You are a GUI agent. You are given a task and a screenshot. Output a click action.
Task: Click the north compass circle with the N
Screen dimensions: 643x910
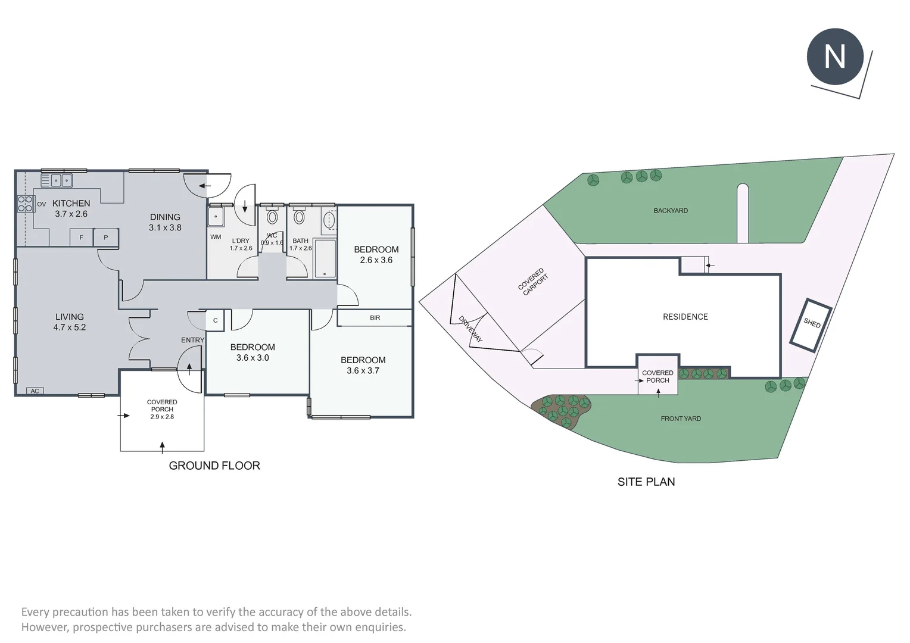click(834, 57)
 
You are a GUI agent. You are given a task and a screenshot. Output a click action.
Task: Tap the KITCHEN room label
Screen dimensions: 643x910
click(71, 204)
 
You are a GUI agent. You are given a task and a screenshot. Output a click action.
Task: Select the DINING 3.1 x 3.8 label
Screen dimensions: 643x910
click(165, 222)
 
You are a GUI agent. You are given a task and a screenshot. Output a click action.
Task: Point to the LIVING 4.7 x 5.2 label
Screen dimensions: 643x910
click(70, 322)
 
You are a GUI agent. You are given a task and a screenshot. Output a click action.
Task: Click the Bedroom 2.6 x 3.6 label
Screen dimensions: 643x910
click(376, 254)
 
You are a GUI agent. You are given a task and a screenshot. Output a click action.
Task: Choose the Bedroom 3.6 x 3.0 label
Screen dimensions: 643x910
click(253, 352)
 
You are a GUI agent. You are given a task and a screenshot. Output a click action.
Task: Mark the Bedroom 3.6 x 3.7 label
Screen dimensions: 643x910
click(363, 365)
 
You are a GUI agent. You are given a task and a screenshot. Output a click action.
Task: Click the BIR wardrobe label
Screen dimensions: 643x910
click(375, 318)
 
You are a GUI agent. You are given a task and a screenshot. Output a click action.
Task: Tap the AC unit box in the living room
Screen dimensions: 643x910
click(35, 391)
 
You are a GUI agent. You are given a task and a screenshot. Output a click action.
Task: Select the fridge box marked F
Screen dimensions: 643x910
click(82, 238)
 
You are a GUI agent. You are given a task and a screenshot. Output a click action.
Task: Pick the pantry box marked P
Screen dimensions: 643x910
click(106, 238)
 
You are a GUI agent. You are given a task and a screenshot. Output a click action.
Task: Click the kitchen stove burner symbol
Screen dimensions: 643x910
click(25, 204)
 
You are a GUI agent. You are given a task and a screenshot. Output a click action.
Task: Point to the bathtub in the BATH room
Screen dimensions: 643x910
click(325, 258)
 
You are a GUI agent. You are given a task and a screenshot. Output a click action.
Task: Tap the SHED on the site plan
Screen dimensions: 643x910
click(811, 324)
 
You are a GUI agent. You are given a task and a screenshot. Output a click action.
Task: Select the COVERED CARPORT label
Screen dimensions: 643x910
click(533, 282)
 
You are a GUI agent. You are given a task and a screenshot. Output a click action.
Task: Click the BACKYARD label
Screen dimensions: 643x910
click(670, 211)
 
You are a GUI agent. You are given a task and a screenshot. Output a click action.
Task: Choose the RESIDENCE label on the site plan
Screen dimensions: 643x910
click(685, 317)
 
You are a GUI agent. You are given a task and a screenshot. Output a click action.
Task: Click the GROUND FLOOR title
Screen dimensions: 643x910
click(214, 466)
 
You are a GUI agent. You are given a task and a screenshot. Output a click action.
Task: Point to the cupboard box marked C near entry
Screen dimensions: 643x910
click(215, 320)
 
